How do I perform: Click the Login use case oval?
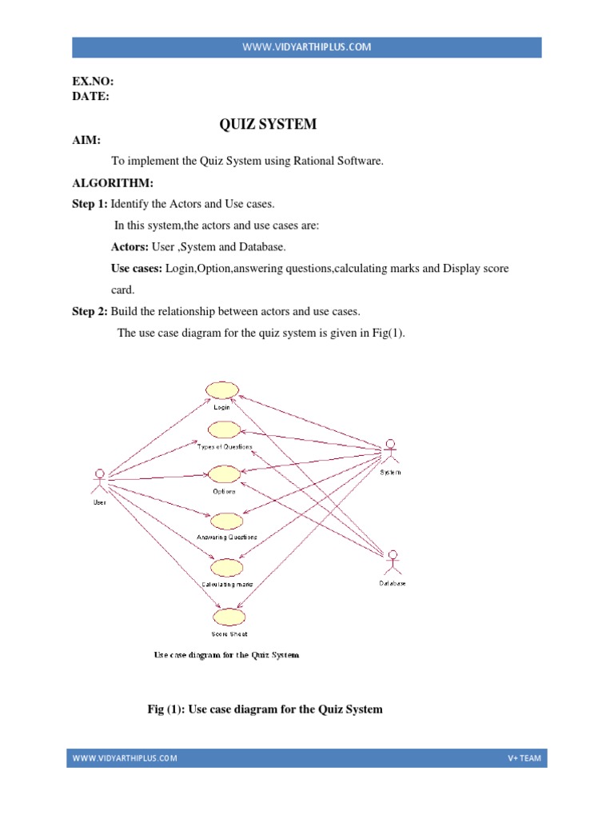pyautogui.click(x=222, y=390)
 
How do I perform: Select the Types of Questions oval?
pyautogui.click(x=225, y=429)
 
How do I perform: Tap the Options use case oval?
pyautogui.click(x=225, y=474)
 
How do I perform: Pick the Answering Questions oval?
pyautogui.click(x=226, y=521)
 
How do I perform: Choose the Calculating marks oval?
pyautogui.click(x=226, y=567)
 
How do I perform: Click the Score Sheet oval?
pyautogui.click(x=229, y=617)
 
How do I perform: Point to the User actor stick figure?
pyautogui.click(x=99, y=481)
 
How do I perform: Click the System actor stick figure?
pyautogui.click(x=390, y=452)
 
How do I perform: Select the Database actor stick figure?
pyautogui.click(x=393, y=562)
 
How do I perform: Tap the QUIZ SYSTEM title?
pyautogui.click(x=268, y=124)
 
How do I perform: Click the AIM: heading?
pyautogui.click(x=86, y=140)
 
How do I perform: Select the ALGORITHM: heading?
pyautogui.click(x=113, y=183)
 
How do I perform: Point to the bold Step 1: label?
pyautogui.click(x=90, y=204)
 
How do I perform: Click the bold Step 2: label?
pyautogui.click(x=90, y=311)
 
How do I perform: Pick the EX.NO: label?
pyautogui.click(x=93, y=81)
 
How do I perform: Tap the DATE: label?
pyautogui.click(x=91, y=96)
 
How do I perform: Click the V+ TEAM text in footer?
pyautogui.click(x=524, y=758)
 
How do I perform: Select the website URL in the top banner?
pyautogui.click(x=307, y=47)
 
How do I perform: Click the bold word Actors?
pyautogui.click(x=130, y=246)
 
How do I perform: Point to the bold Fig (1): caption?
pyautogui.click(x=166, y=709)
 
